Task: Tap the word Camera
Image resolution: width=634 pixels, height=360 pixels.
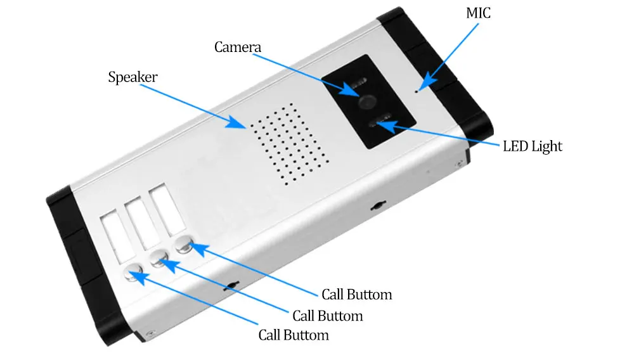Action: coord(237,47)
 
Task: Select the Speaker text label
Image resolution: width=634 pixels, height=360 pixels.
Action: coord(133,77)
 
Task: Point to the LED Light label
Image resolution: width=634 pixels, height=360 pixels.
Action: coord(533,146)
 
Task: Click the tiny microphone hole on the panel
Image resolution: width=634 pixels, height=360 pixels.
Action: coord(417,91)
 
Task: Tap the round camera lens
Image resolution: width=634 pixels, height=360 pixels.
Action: coord(366,101)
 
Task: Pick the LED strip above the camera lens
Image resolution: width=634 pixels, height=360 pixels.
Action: coord(358,83)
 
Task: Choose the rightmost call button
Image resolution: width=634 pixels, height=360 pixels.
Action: coord(184,243)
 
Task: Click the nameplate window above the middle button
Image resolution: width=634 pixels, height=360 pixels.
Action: coord(136,223)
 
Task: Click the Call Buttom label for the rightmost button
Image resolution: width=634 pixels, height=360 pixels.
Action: coord(356,295)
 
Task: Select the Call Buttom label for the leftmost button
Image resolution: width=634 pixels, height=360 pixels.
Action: coord(294,335)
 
